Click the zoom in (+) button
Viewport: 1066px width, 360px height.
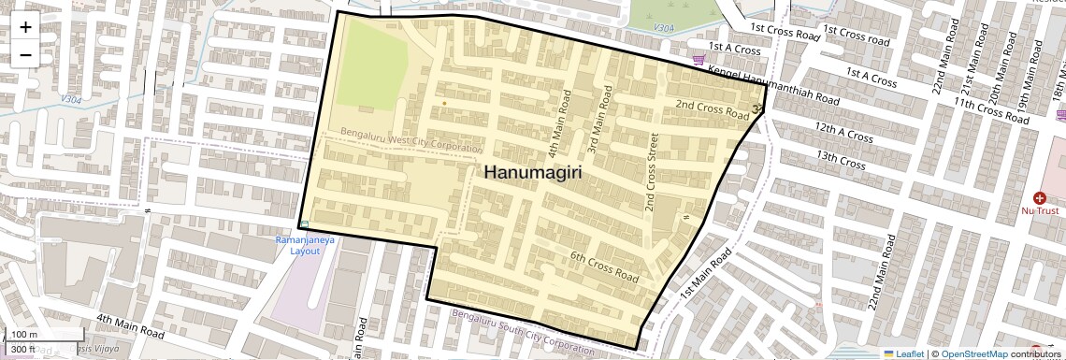coord(25,26)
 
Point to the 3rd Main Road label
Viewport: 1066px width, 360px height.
coord(598,120)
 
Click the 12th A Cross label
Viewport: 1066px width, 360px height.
coord(843,132)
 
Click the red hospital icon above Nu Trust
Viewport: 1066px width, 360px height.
coord(1039,198)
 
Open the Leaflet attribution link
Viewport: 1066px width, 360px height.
coord(903,353)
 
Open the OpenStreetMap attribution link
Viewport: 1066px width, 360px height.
coord(973,353)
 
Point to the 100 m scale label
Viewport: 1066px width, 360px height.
coord(24,335)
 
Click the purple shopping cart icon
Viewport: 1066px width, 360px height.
coord(699,61)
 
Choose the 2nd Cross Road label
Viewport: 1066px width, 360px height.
coord(712,108)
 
